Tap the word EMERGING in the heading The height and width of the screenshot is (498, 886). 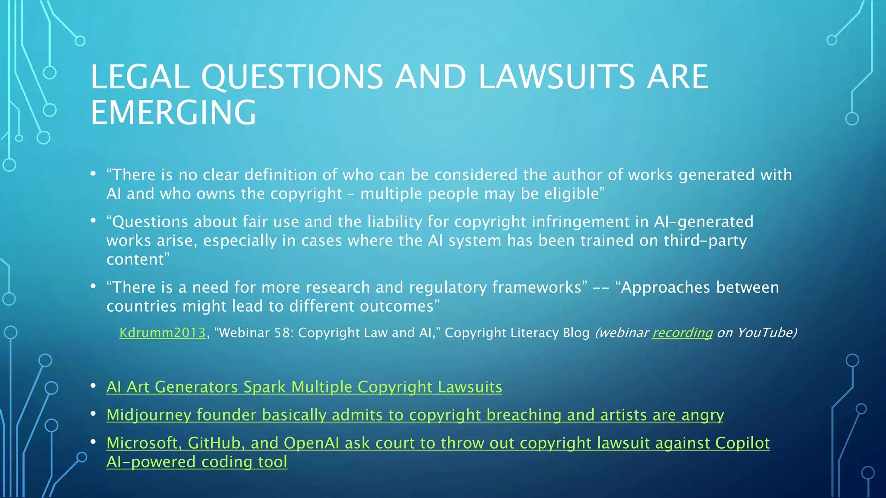click(x=173, y=113)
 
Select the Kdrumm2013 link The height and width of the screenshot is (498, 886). click(x=162, y=333)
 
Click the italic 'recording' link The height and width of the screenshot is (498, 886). click(x=682, y=333)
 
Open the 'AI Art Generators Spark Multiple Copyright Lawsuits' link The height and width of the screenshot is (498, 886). click(x=304, y=387)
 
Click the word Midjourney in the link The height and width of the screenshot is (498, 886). click(x=149, y=415)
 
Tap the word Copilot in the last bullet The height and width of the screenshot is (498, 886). click(x=742, y=443)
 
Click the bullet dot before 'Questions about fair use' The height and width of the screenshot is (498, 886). click(x=93, y=221)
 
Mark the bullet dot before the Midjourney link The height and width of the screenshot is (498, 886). click(x=93, y=414)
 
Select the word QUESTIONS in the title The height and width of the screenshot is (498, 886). click(x=292, y=77)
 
